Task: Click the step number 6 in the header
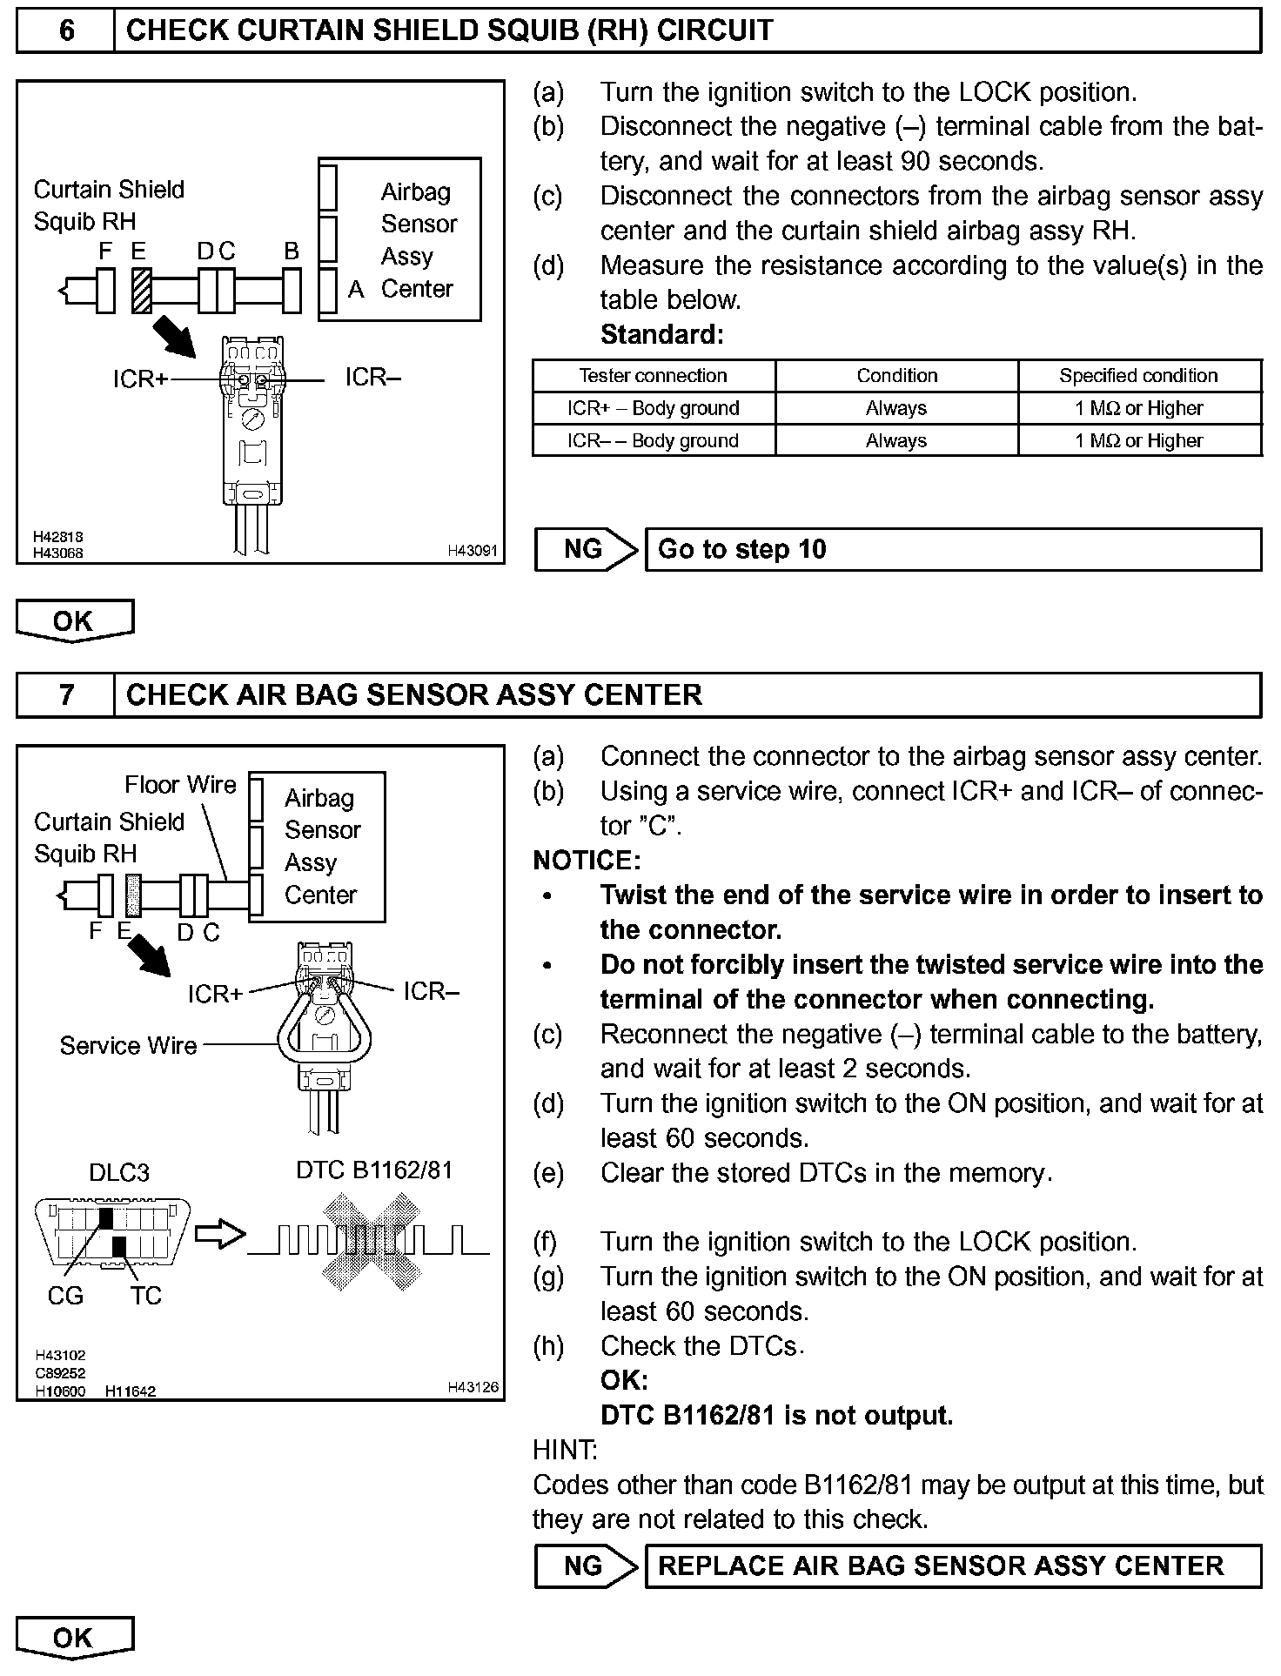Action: point(66,31)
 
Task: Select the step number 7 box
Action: point(66,695)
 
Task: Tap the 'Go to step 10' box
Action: point(952,550)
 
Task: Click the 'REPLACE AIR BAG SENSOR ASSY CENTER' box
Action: point(952,1566)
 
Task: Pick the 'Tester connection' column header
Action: point(653,376)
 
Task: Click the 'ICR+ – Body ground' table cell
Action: point(653,408)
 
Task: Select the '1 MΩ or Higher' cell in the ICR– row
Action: point(1138,440)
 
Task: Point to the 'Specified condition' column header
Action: point(1138,376)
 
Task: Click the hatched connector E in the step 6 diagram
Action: point(141,290)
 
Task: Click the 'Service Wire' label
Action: point(128,1045)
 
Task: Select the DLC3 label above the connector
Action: point(119,1173)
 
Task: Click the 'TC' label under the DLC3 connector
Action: point(146,1296)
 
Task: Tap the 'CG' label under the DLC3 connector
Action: point(65,1296)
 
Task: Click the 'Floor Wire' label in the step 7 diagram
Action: point(180,785)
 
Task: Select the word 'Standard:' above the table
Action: point(661,335)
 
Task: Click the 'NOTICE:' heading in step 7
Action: point(587,861)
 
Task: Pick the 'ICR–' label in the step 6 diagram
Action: point(372,378)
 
